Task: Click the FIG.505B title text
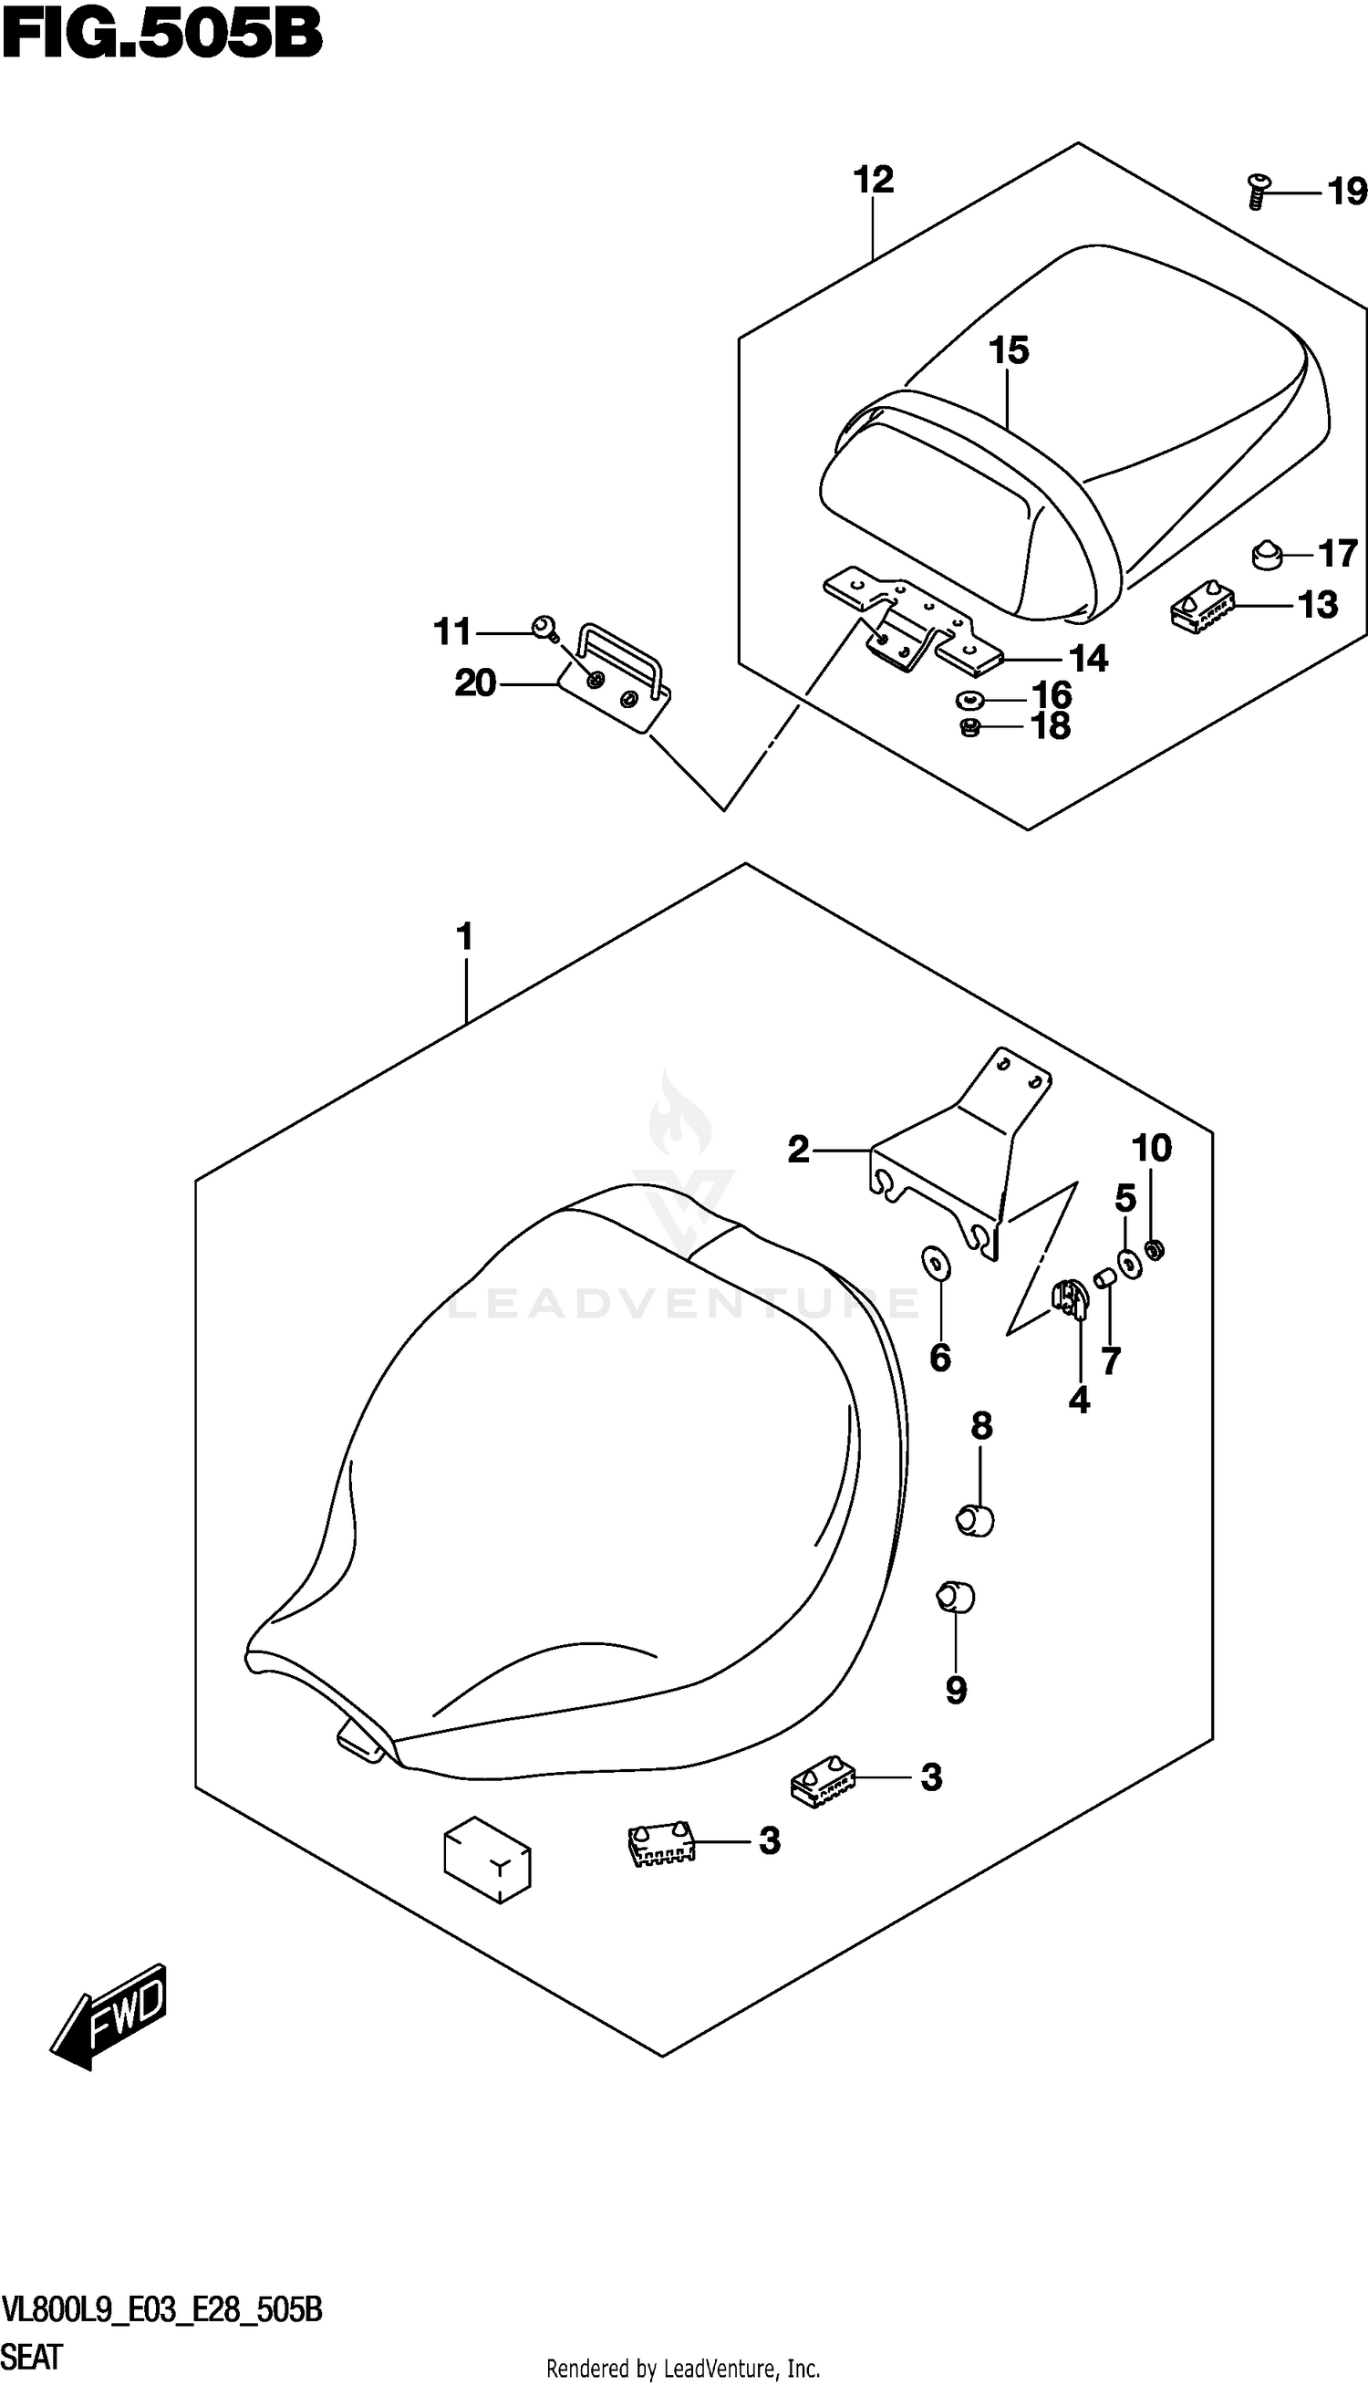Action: [x=161, y=36]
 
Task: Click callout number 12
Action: [x=873, y=180]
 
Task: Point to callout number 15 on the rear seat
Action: [x=1008, y=350]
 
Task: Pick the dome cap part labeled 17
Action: [x=1268, y=556]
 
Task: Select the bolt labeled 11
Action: [x=543, y=626]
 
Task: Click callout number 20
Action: [x=474, y=683]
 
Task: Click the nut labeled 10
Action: [x=1156, y=1249]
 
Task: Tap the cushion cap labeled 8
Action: [x=975, y=1519]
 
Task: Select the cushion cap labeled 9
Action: [x=956, y=1597]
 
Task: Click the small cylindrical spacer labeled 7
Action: [x=1106, y=1279]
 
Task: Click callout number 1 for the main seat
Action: [x=464, y=937]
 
